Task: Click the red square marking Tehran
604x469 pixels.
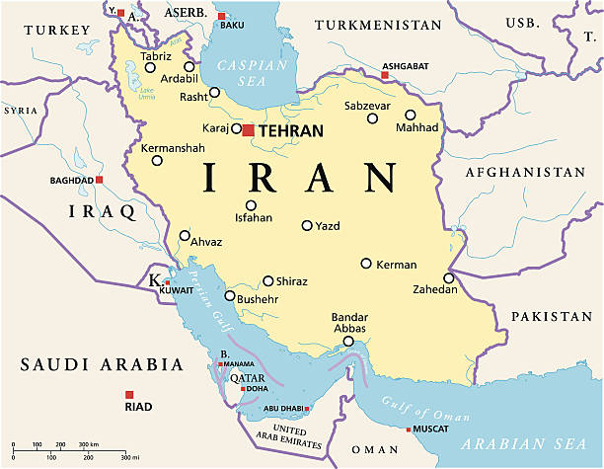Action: (249, 129)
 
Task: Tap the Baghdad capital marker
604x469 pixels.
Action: (100, 180)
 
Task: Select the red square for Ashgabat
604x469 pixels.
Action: (385, 74)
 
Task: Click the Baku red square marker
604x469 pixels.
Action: (221, 16)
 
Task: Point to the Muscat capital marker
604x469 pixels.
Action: (409, 430)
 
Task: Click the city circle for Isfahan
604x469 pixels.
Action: (251, 205)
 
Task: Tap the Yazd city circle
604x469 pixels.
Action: (307, 225)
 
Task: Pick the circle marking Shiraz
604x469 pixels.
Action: (267, 280)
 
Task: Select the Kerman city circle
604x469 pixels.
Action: (366, 264)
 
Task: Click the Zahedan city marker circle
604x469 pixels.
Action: (448, 278)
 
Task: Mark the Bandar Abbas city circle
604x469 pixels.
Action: (347, 342)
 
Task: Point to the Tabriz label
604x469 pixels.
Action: (155, 56)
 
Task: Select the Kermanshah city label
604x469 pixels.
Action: (173, 148)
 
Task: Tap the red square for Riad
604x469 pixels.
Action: (128, 393)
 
